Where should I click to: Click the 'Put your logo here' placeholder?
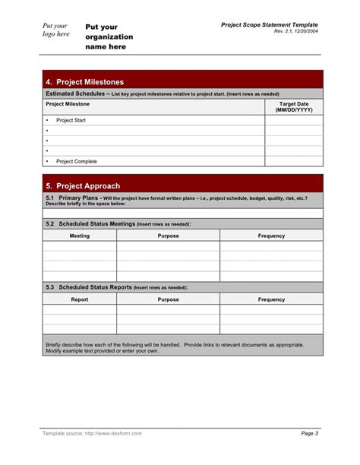[55, 30]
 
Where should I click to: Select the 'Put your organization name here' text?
[109, 36]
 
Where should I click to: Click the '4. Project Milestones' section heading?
[84, 82]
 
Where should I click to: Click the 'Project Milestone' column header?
[68, 103]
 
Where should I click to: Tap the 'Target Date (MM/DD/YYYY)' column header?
[293, 106]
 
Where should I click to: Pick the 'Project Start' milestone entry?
[71, 120]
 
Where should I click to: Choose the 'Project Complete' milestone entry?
[76, 161]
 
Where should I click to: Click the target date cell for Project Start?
[293, 120]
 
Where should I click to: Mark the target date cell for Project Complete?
[293, 161]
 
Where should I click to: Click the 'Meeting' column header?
[80, 236]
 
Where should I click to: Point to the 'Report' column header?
[80, 299]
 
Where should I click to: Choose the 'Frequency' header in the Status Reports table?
[271, 299]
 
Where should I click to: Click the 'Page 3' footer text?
[310, 433]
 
